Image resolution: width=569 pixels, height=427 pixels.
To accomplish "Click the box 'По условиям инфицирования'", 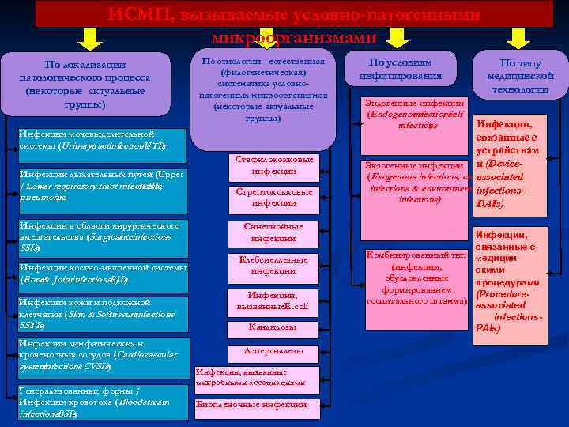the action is (x=401, y=70).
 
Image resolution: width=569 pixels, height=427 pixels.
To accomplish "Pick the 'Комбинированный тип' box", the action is (x=417, y=279).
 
